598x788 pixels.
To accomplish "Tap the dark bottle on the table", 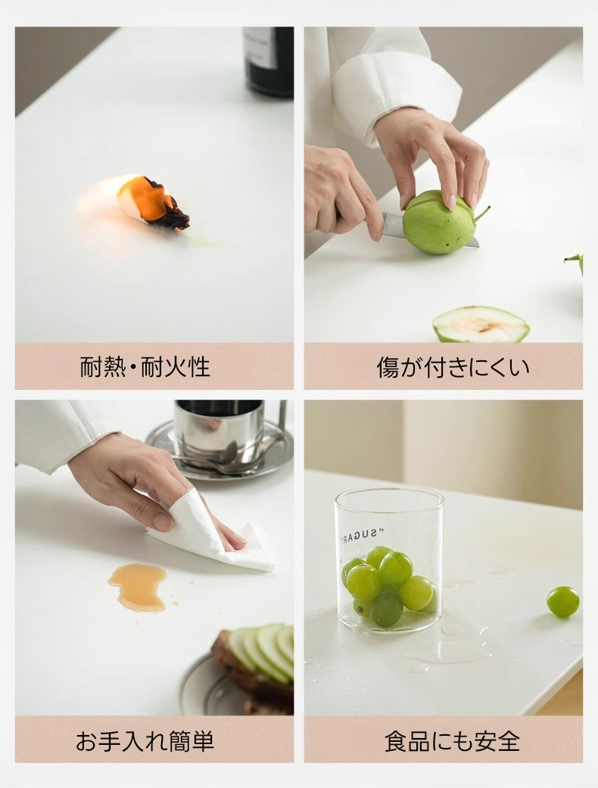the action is click(x=269, y=61).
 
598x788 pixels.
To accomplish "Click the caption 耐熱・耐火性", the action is click(x=145, y=366).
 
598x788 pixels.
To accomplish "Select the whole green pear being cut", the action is click(x=439, y=222).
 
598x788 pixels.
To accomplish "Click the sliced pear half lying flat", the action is click(x=481, y=324).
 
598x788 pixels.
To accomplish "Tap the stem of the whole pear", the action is click(x=481, y=214).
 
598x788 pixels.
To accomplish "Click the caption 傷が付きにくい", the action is click(x=453, y=367).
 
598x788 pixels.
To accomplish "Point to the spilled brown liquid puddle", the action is click(x=138, y=587).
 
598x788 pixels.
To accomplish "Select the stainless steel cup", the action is click(x=219, y=432).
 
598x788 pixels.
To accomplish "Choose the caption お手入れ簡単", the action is click(x=145, y=741).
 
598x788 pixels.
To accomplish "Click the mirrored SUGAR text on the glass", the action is click(x=362, y=534).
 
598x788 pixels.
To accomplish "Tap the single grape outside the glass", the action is click(x=563, y=602).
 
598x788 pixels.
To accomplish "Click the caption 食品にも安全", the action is click(x=452, y=741).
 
